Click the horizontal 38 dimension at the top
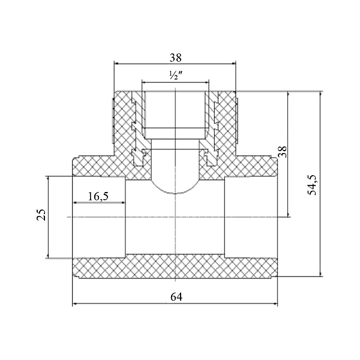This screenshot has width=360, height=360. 175,58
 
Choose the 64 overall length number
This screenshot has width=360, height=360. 175,296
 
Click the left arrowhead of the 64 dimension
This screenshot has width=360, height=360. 76,304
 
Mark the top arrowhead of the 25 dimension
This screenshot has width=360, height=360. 47,179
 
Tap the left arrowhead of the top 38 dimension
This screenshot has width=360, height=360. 118,63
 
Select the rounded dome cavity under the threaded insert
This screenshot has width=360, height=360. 175,180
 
